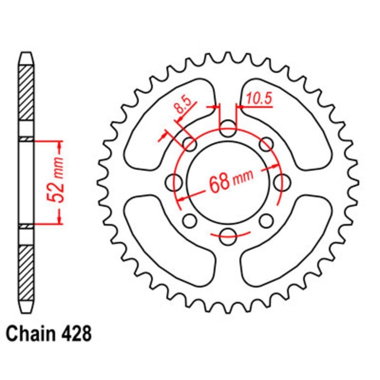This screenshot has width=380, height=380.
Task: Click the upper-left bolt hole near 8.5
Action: coord(190,144)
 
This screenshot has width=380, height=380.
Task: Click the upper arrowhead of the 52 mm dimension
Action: coord(59,145)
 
